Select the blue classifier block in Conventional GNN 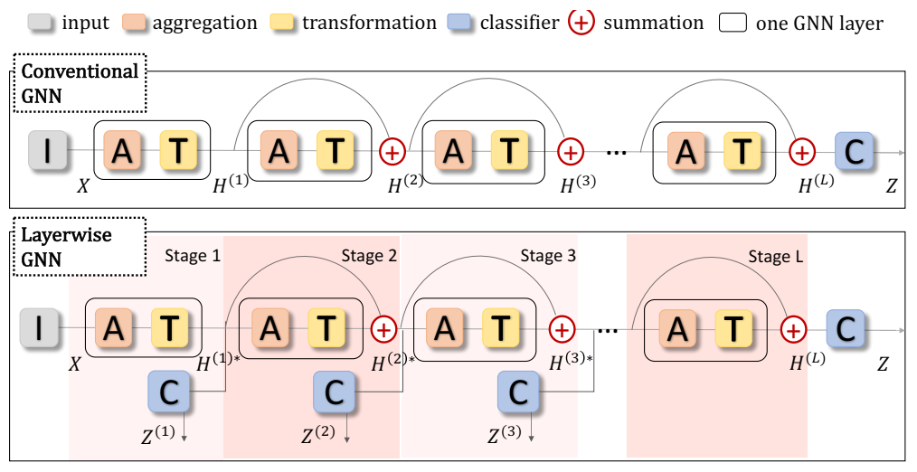pos(853,151)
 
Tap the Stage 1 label pos(192,256)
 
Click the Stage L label pos(776,257)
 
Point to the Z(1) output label pos(157,433)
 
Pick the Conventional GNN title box pos(80,82)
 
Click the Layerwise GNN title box pos(80,247)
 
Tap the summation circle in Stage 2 pos(384,328)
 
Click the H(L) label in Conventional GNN pos(817,185)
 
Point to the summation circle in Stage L pos(793,328)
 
